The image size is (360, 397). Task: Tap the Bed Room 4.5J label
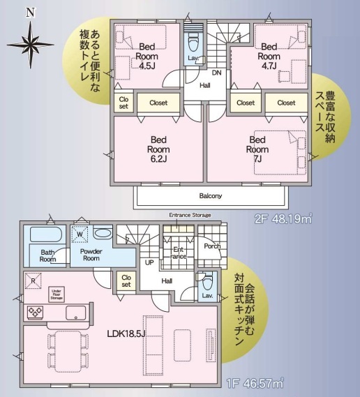click(147, 57)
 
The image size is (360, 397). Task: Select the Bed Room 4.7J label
click(269, 57)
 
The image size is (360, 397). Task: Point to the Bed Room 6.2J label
click(158, 149)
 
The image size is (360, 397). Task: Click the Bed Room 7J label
click(257, 149)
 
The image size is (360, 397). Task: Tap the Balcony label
click(211, 196)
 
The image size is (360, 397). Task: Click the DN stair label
click(216, 73)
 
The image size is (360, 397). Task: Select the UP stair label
click(149, 262)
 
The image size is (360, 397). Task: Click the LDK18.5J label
click(126, 334)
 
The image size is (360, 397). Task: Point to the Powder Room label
click(91, 255)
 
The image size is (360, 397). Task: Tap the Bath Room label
click(48, 256)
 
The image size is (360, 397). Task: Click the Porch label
click(212, 246)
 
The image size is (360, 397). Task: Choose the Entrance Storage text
click(190, 215)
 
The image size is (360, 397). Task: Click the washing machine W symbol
click(80, 234)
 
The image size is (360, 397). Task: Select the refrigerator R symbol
click(33, 280)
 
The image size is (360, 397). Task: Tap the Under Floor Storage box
click(57, 294)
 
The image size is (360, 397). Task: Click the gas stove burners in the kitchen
click(35, 313)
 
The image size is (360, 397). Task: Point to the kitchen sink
click(75, 313)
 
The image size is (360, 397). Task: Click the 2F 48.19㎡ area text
click(283, 219)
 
